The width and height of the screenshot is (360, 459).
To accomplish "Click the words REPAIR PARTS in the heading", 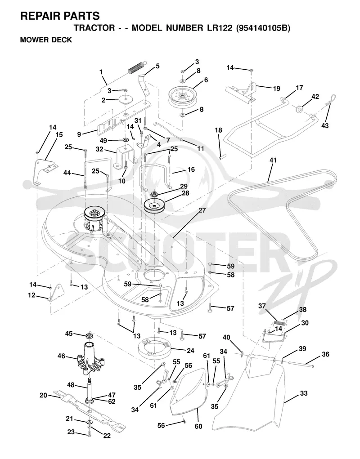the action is (60, 16).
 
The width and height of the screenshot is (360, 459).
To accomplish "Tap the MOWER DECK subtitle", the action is (46, 40).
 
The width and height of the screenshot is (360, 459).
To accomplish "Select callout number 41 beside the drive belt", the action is (273, 160).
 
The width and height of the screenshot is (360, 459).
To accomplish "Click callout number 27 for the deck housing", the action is (202, 210).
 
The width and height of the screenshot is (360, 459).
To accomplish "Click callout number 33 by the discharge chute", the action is (304, 393).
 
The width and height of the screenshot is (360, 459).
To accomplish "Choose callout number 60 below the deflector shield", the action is (198, 426).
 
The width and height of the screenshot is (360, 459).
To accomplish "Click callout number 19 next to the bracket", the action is (276, 89).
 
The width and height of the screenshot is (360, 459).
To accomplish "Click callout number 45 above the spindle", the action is (69, 334).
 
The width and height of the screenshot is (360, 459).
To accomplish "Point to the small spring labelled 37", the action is (279, 322).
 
